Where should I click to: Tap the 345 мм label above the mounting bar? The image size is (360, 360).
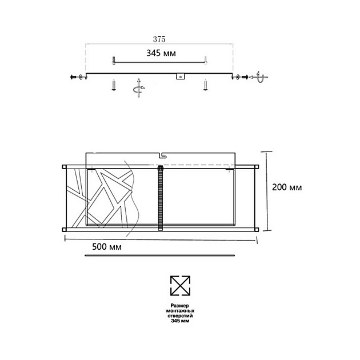(160, 53)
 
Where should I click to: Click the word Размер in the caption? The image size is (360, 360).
(179, 306)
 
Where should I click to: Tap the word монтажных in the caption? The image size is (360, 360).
(179, 311)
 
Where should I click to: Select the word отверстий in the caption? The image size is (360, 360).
(179, 316)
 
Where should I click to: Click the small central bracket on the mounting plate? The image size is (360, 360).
(180, 76)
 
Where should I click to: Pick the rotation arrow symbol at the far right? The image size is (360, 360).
(259, 77)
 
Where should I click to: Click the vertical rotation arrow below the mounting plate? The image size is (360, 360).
(138, 88)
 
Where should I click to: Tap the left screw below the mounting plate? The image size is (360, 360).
(114, 85)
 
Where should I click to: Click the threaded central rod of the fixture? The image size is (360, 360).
(161, 198)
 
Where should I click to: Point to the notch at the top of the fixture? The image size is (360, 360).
(161, 154)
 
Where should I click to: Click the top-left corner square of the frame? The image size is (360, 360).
(64, 167)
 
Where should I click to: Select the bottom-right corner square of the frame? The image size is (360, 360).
(257, 229)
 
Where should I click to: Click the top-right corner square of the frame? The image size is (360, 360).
(257, 167)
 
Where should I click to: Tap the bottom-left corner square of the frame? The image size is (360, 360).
(64, 229)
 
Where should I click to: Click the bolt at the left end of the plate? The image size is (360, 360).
(73, 77)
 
